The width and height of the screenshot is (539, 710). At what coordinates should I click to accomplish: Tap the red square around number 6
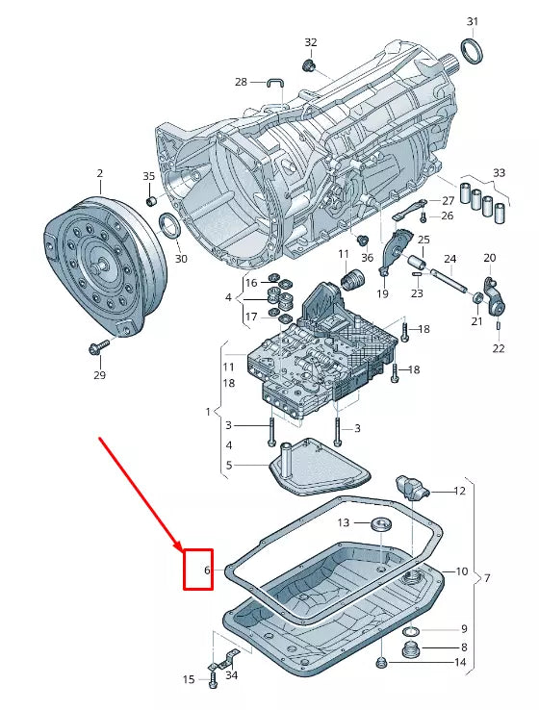coord(198,570)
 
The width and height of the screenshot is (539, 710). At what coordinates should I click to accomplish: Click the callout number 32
coord(310,42)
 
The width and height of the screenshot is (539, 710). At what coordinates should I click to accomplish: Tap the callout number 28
coord(241,82)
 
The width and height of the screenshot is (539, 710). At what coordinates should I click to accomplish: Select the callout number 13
coord(344,522)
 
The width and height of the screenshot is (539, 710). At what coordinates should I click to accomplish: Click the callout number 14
coord(459,663)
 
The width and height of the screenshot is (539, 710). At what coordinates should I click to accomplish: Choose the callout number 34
coord(231,675)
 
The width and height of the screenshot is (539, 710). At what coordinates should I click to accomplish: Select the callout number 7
coord(487,578)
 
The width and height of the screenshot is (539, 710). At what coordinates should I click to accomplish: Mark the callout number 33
coord(498,173)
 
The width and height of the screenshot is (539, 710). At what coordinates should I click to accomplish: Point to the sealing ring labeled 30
coord(169,229)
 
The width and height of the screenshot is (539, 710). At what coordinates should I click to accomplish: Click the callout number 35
coord(148,176)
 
